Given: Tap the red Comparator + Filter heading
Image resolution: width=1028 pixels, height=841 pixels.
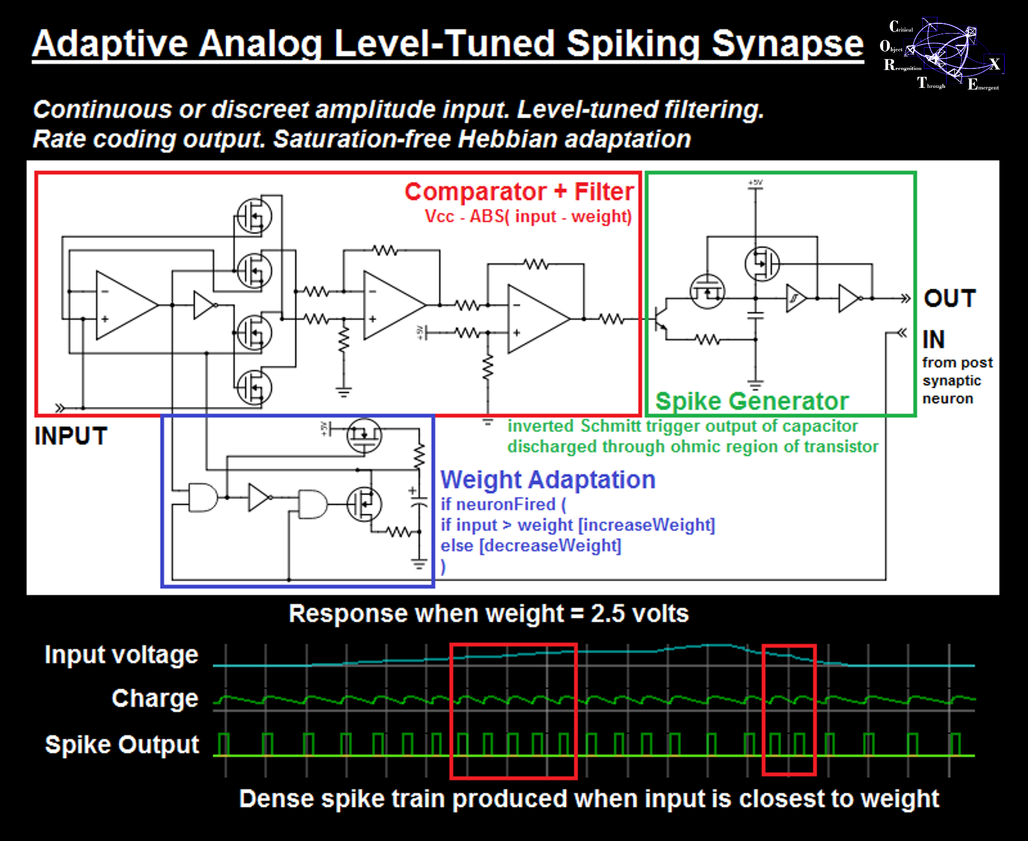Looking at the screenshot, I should [519, 192].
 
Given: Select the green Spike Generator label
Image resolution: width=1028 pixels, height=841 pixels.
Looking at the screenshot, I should [751, 402].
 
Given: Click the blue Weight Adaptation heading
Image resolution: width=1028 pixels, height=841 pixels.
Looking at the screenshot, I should [548, 480].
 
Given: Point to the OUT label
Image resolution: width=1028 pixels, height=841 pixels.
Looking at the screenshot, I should [949, 298].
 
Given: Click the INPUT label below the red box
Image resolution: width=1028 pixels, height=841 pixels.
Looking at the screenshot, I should [71, 436].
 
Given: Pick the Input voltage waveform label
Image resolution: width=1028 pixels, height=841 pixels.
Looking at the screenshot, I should [121, 655].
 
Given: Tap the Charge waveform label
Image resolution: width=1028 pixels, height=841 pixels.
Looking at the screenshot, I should [155, 698].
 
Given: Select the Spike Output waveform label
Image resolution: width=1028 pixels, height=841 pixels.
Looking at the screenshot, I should [122, 744].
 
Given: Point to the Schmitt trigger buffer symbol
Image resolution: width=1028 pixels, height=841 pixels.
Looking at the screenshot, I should [796, 298].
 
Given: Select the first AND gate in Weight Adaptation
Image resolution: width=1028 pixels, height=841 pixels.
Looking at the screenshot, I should [202, 497].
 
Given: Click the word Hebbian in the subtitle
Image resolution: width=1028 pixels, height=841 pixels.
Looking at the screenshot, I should [507, 139].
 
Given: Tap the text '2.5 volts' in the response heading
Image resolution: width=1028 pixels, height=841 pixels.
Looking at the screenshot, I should [639, 614].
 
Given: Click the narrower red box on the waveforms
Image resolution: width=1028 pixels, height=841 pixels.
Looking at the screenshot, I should [789, 710].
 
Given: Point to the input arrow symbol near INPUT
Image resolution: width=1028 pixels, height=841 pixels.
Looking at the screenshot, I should [60, 407].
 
